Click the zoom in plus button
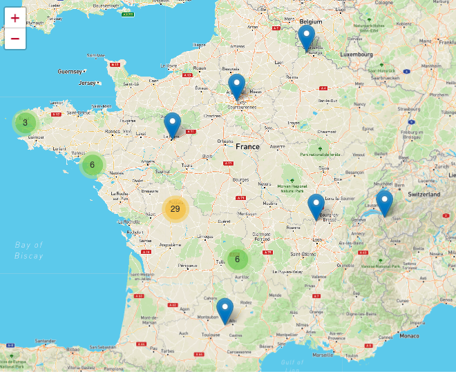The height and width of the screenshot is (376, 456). pyautogui.click(x=15, y=19)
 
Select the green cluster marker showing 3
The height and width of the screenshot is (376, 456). pyautogui.click(x=25, y=123)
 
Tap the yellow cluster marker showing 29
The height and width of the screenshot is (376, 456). pyautogui.click(x=175, y=209)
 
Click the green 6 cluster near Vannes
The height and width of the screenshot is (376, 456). pyautogui.click(x=92, y=165)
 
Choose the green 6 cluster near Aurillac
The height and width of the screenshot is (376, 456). pyautogui.click(x=237, y=259)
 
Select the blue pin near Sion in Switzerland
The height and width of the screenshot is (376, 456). pyautogui.click(x=384, y=203)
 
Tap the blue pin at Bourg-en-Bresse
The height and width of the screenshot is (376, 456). pyautogui.click(x=316, y=206)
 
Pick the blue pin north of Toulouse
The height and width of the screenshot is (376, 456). pyautogui.click(x=225, y=310)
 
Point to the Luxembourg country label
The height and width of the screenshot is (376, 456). pyautogui.click(x=356, y=54)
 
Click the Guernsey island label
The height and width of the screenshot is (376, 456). pyautogui.click(x=70, y=71)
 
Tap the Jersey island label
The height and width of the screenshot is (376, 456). pyautogui.click(x=87, y=83)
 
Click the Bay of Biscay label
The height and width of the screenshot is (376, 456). pyautogui.click(x=28, y=250)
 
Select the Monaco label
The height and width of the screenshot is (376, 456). pyautogui.click(x=409, y=335)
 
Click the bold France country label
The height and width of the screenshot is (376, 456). pyautogui.click(x=247, y=146)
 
